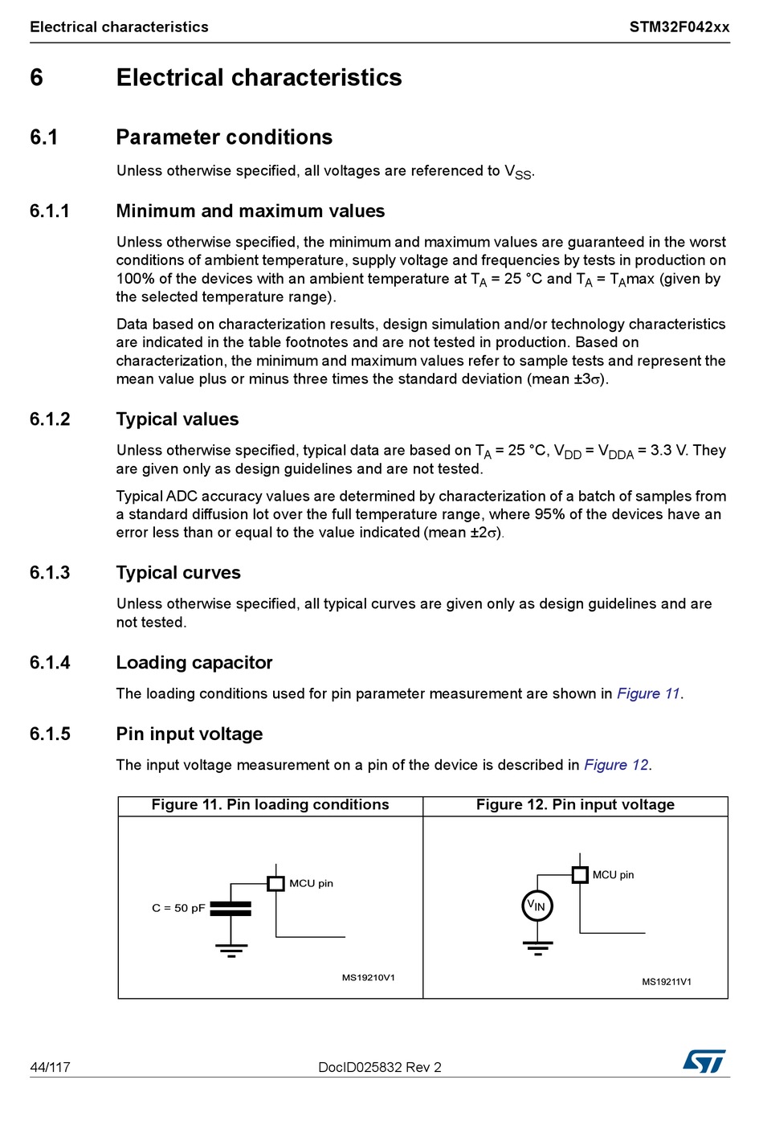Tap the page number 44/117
point(50,1067)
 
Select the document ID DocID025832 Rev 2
point(380,1067)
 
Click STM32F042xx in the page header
point(679,27)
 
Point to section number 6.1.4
point(50,662)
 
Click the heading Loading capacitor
point(194,662)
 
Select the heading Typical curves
point(178,572)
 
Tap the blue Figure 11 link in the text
point(648,693)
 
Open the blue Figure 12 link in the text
point(616,765)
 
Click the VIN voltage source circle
point(537,906)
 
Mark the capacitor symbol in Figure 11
point(231,908)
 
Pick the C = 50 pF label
point(178,908)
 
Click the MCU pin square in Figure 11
point(275,883)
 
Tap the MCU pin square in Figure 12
point(580,874)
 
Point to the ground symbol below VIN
point(537,947)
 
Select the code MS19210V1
point(369,978)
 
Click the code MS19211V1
point(667,982)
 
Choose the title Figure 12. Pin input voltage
point(575,805)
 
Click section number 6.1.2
point(50,419)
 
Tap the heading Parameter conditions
point(224,137)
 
